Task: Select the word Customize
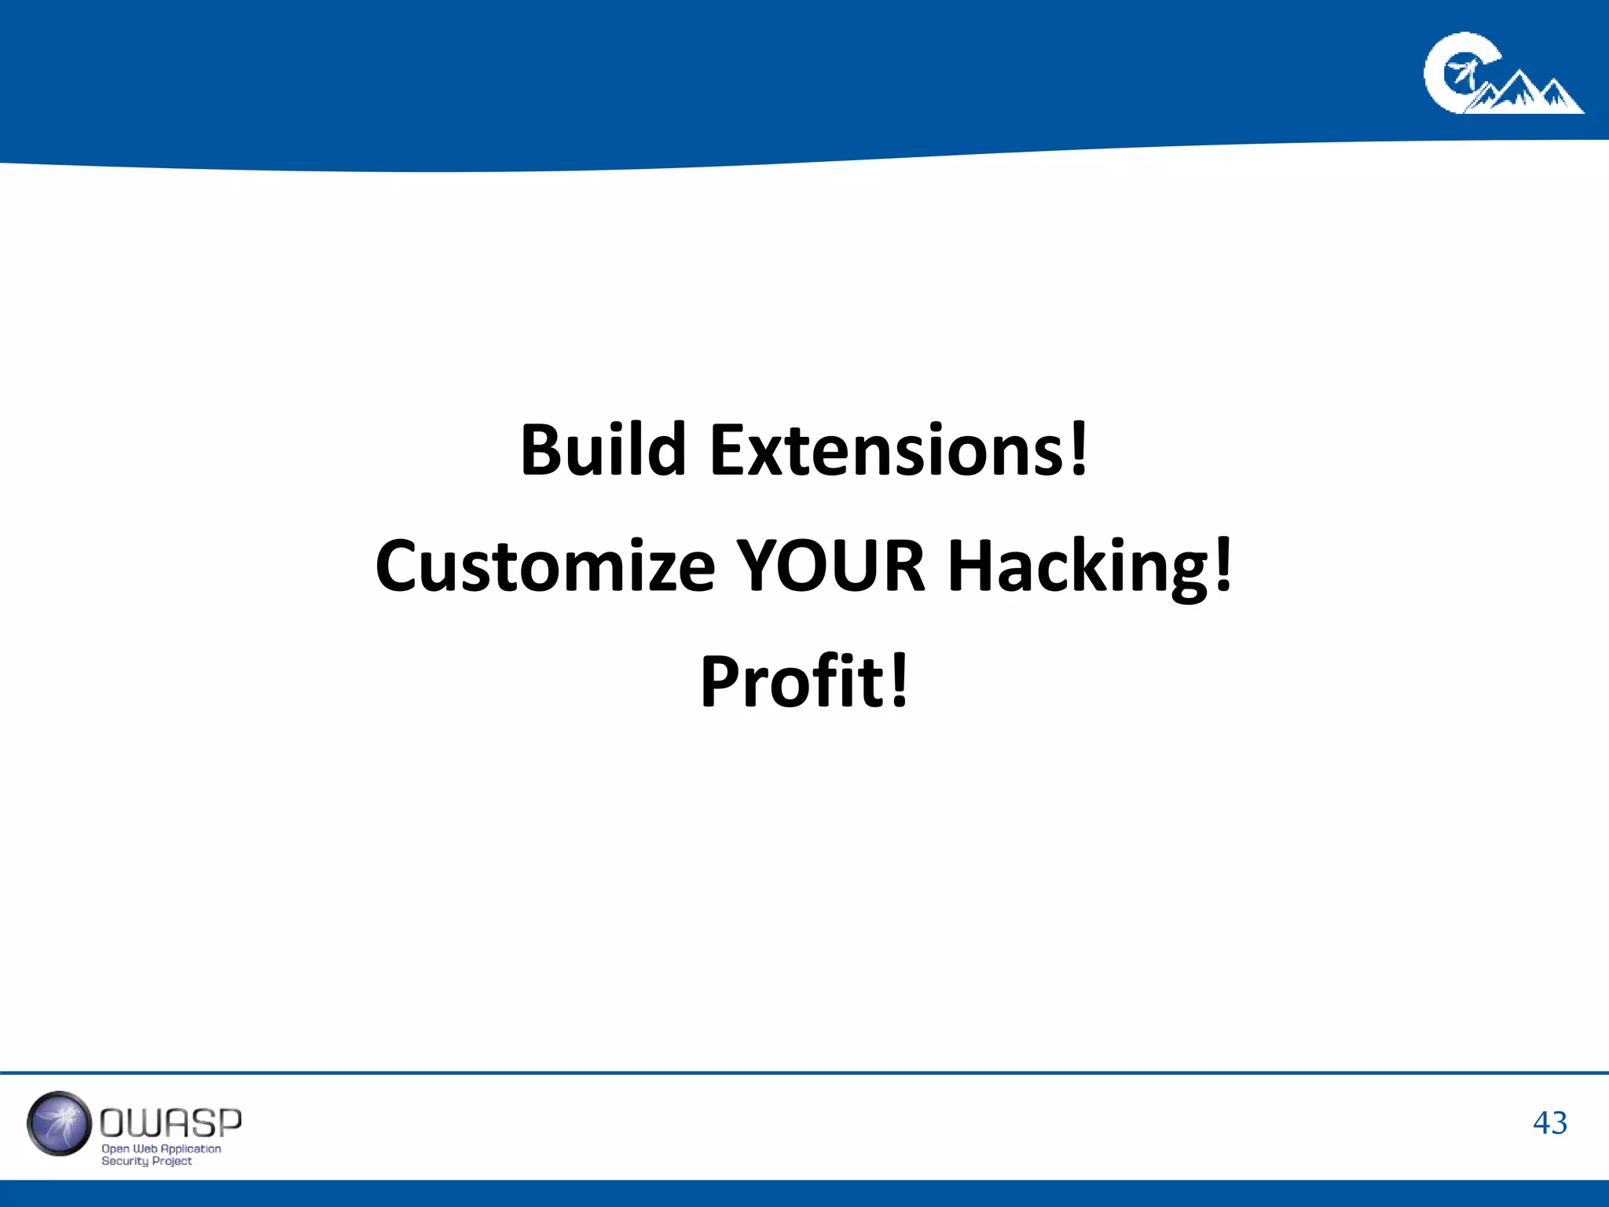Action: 545,566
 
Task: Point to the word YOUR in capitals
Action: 831,566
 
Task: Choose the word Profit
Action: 792,681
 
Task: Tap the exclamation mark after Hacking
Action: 1222,563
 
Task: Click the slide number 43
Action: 1549,1123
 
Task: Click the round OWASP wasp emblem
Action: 59,1124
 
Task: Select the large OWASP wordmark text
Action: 170,1123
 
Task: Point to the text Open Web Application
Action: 161,1149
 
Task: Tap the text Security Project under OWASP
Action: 146,1161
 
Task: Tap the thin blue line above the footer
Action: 804,1073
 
